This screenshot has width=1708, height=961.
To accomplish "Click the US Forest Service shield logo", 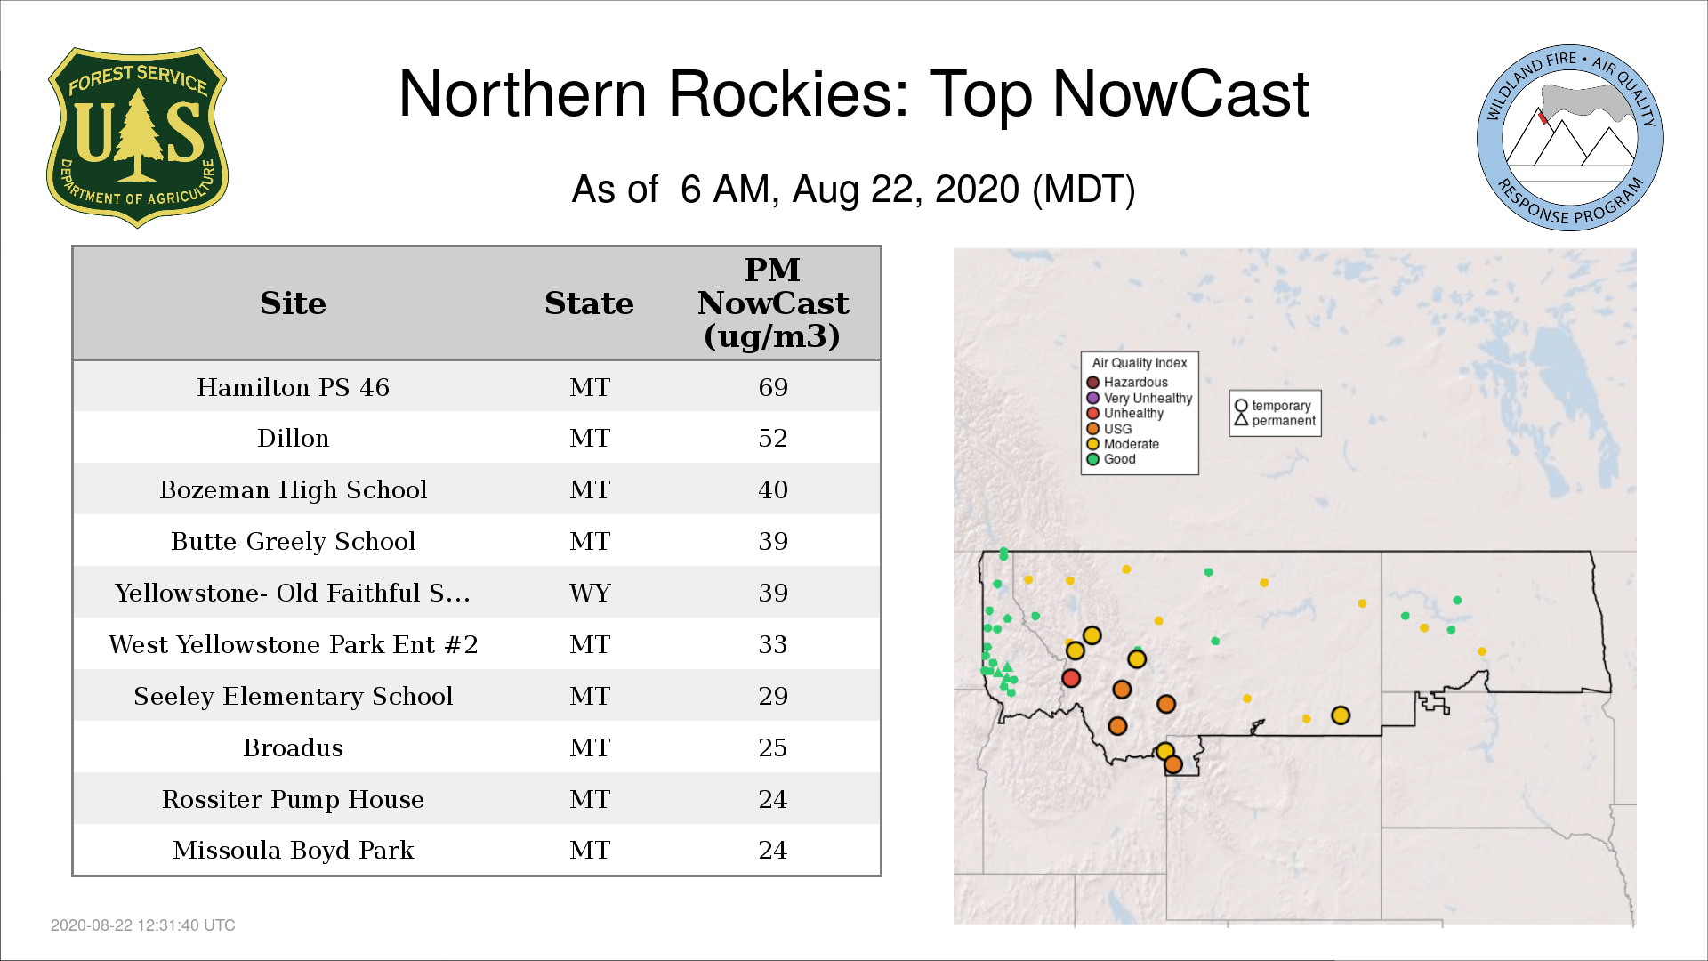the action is click(137, 137).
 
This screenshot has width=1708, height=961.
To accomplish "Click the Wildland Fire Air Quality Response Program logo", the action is click(1569, 138).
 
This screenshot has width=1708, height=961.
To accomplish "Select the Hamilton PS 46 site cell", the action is click(293, 387).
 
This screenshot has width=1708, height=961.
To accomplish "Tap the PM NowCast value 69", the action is click(773, 387).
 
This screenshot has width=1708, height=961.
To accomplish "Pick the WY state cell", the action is click(590, 593).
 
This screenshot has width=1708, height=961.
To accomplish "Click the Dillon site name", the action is click(293, 438).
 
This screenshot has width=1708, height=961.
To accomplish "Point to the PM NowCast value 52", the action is click(773, 438).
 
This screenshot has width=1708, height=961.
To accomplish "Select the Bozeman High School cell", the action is click(293, 489).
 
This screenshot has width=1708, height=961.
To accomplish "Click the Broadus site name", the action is click(293, 747).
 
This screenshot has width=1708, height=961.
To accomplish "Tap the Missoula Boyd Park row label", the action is click(293, 850).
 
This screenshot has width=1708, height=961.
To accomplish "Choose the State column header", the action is click(589, 303).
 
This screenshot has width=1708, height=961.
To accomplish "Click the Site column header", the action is click(293, 303).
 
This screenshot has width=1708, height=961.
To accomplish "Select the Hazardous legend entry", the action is click(1127, 383).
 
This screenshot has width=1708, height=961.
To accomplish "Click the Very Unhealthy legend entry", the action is click(1140, 398).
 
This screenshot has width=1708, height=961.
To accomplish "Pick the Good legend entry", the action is click(1111, 459).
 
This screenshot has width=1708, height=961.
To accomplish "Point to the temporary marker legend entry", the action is click(1273, 406).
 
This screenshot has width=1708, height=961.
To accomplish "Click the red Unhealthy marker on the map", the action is click(1071, 678).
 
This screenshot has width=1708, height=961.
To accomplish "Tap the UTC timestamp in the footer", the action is click(143, 925).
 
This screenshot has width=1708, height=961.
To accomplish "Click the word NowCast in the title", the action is click(1180, 93).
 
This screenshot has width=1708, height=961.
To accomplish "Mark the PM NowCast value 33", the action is click(773, 644).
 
